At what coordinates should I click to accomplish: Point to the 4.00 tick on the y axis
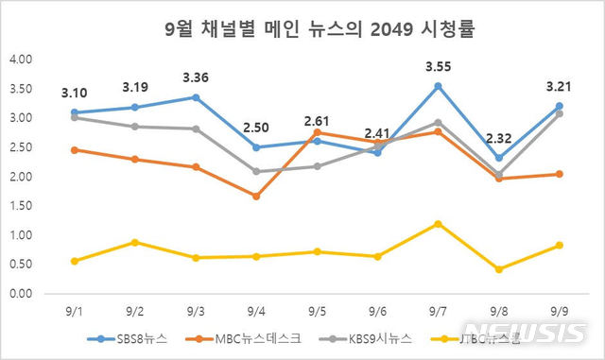20,60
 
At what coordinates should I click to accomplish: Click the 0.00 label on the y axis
20,294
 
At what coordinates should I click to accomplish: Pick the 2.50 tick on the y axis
20,147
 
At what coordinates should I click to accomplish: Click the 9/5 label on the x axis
316,310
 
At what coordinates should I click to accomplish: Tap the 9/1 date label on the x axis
73,310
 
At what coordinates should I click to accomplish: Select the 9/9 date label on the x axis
559,310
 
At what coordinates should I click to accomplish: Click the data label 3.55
438,67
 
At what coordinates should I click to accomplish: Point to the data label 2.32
498,140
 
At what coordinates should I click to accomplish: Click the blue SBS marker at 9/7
438,86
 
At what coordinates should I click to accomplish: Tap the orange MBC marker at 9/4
255,197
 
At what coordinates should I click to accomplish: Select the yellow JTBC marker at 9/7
438,224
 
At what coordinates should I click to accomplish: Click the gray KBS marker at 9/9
559,113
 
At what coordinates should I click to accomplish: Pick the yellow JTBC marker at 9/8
498,269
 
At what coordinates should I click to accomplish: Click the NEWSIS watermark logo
539,333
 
